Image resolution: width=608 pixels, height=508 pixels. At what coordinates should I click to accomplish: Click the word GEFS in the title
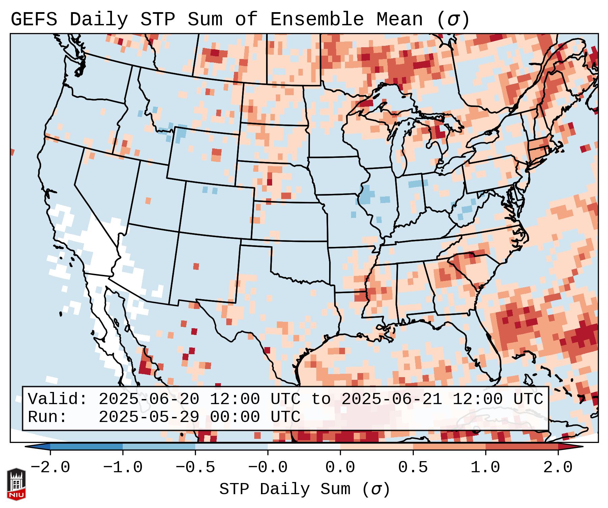34,20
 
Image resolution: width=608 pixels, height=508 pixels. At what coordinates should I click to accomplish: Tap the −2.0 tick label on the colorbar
50,468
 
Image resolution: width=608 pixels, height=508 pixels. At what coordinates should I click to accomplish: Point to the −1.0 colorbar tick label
123,468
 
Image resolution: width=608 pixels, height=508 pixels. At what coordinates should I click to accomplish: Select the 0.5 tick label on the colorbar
413,468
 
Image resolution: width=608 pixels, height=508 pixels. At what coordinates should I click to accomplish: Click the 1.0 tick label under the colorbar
485,468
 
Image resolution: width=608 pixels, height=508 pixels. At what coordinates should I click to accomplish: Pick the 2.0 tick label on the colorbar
558,468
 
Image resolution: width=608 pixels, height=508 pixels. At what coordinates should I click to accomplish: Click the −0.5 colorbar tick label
195,468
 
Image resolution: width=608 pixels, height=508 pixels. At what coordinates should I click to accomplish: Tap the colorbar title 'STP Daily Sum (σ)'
304,489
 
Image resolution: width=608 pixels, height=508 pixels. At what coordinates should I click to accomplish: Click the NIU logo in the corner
16,484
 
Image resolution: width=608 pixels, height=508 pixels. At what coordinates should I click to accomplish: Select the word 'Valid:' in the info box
57,399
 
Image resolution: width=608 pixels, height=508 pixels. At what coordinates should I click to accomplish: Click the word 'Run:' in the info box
47,417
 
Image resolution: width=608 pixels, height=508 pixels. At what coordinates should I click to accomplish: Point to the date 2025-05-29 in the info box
148,417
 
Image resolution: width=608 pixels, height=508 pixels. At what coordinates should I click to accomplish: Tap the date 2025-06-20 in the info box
148,399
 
